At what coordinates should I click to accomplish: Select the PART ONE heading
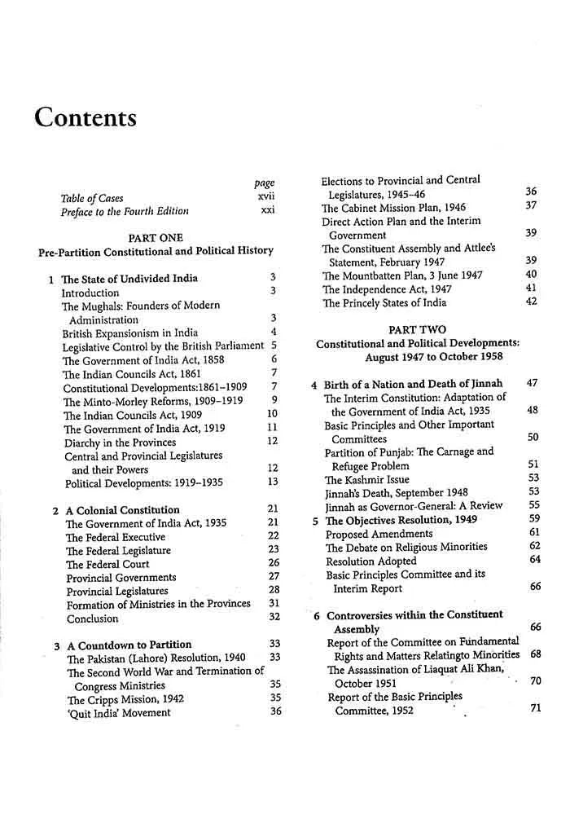coord(156,237)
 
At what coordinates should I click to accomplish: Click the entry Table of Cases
coord(94,197)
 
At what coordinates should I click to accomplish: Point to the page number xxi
coord(267,211)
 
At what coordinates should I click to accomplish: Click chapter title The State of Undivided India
coord(129,279)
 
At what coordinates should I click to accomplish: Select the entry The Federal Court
coord(105,563)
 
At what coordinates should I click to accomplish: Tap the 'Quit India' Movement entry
coord(119,713)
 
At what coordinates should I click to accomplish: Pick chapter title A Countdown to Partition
coord(129,645)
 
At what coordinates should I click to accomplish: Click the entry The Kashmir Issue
coord(366,479)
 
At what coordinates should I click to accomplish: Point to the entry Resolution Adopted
coord(370,561)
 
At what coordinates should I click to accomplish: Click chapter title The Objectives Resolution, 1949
coord(400,520)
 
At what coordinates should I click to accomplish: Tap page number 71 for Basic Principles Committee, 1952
coord(535,709)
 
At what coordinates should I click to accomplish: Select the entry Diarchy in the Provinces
coord(119,442)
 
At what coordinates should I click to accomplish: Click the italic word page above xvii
coord(265,183)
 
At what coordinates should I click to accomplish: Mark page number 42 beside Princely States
coord(532,302)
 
